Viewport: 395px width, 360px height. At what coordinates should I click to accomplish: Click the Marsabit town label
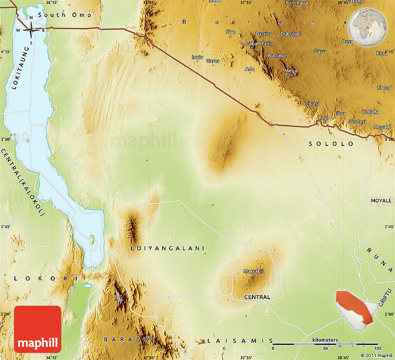[253, 271]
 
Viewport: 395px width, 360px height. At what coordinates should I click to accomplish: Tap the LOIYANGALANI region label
[168, 249]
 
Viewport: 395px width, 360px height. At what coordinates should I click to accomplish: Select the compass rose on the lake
[31, 30]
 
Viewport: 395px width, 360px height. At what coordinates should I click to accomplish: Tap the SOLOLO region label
[331, 144]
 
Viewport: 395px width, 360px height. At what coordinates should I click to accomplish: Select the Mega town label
[290, 71]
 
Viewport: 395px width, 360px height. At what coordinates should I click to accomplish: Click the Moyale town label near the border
[382, 127]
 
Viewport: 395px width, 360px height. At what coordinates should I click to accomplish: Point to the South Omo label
[65, 15]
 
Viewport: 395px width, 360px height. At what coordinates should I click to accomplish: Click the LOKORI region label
[41, 278]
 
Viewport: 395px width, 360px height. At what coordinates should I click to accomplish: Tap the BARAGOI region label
[130, 340]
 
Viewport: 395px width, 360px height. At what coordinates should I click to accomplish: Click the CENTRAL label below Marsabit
[257, 297]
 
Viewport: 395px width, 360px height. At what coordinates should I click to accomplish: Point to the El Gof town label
[384, 88]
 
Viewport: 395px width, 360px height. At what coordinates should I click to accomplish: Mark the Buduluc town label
[277, 55]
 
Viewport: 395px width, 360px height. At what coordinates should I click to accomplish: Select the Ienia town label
[197, 57]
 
